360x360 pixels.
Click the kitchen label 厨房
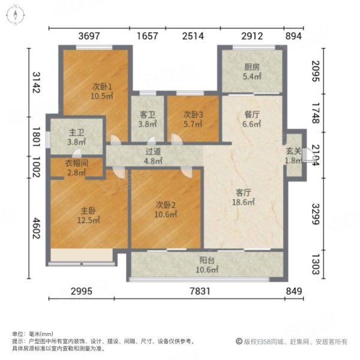(251, 67)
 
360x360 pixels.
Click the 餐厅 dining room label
(251, 114)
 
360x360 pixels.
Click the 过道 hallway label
(154, 152)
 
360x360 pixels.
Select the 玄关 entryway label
(294, 152)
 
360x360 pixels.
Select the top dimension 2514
(193, 36)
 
